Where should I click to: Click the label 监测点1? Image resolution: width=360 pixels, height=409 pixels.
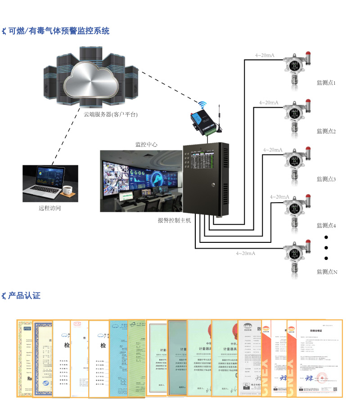point(326,83)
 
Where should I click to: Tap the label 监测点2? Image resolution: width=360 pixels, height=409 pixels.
point(326,131)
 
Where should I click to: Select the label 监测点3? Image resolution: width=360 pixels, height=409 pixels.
point(326,179)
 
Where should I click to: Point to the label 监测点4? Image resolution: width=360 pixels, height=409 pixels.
point(326,225)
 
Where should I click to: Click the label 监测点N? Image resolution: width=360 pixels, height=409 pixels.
point(327,272)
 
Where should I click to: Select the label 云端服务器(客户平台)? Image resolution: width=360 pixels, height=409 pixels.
point(111,114)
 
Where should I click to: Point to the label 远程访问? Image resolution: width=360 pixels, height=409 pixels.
point(49,208)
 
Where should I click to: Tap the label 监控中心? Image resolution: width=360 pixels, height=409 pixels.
point(147,145)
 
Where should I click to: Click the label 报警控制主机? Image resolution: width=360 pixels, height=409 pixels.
point(174,220)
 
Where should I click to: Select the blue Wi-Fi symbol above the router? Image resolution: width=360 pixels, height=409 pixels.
point(202,105)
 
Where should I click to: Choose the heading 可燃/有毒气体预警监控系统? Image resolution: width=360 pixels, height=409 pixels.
point(58,31)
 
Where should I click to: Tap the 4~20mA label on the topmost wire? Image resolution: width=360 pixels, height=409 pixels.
point(265,55)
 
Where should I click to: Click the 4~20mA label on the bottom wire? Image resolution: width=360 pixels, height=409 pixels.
point(246,254)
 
